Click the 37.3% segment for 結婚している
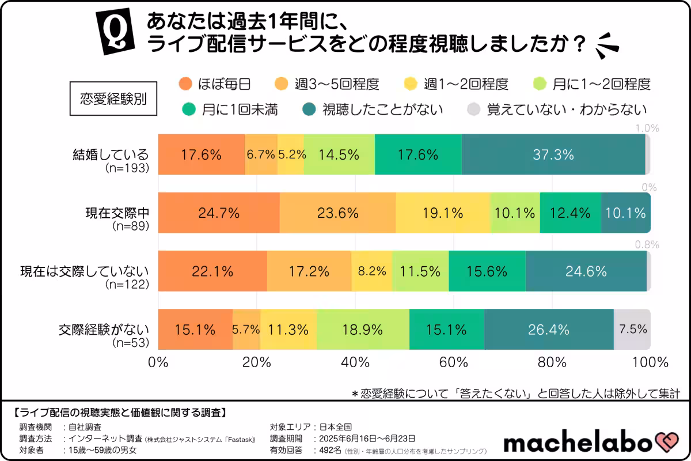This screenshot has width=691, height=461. point(553,154)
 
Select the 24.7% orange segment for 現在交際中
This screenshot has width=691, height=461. point(218,213)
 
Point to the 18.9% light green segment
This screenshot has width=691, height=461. point(363,330)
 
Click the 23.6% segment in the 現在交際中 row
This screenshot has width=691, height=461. point(338,213)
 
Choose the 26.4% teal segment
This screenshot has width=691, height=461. point(548,330)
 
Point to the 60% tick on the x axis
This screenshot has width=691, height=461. point(454,362)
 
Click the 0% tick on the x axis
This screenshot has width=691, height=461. point(158,362)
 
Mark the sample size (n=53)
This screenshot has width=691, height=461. point(131,343)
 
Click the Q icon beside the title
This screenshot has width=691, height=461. point(113,33)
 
